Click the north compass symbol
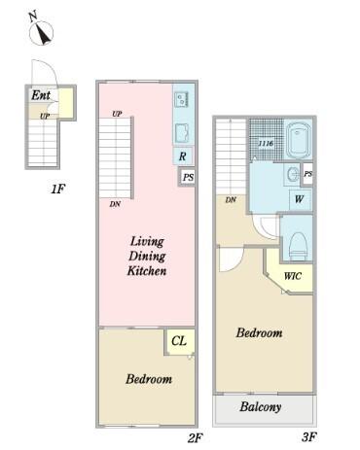point(41,30)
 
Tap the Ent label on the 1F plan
point(41,95)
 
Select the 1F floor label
point(58,189)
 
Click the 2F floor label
point(196,437)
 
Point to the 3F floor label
point(308,437)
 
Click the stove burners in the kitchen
point(181,99)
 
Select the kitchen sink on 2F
point(182,133)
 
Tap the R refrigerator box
point(183,156)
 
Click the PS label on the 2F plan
point(188,177)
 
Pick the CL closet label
point(179,341)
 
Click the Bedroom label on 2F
point(149,379)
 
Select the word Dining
point(147,257)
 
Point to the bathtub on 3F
point(298,139)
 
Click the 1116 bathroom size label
point(266,143)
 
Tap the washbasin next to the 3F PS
point(293,175)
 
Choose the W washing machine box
point(299,199)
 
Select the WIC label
point(293,276)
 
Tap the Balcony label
point(261,407)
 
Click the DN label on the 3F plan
point(231,200)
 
